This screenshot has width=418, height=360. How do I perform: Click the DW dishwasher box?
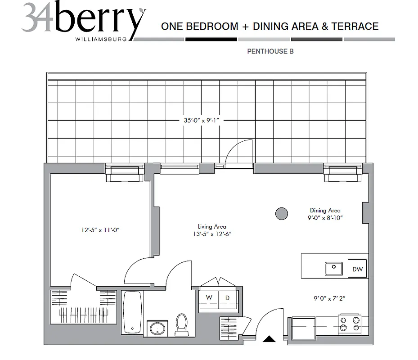[x=357, y=269]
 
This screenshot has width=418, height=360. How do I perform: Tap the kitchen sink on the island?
[x=334, y=269]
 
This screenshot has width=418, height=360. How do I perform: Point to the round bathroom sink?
[x=157, y=328]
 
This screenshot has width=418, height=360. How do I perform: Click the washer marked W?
[x=209, y=298]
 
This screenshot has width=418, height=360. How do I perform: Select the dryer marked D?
[x=227, y=298]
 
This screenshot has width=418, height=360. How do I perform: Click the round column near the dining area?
[x=282, y=214]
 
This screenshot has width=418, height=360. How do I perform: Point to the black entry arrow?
[x=269, y=339]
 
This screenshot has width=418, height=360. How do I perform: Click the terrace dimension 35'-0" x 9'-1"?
[x=201, y=120]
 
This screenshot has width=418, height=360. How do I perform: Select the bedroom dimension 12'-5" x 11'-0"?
[x=100, y=230]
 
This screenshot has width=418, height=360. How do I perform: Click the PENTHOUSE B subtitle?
[x=270, y=51]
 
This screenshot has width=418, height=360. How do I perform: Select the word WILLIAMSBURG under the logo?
[x=104, y=39]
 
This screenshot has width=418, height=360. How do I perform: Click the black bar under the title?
[x=211, y=40]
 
